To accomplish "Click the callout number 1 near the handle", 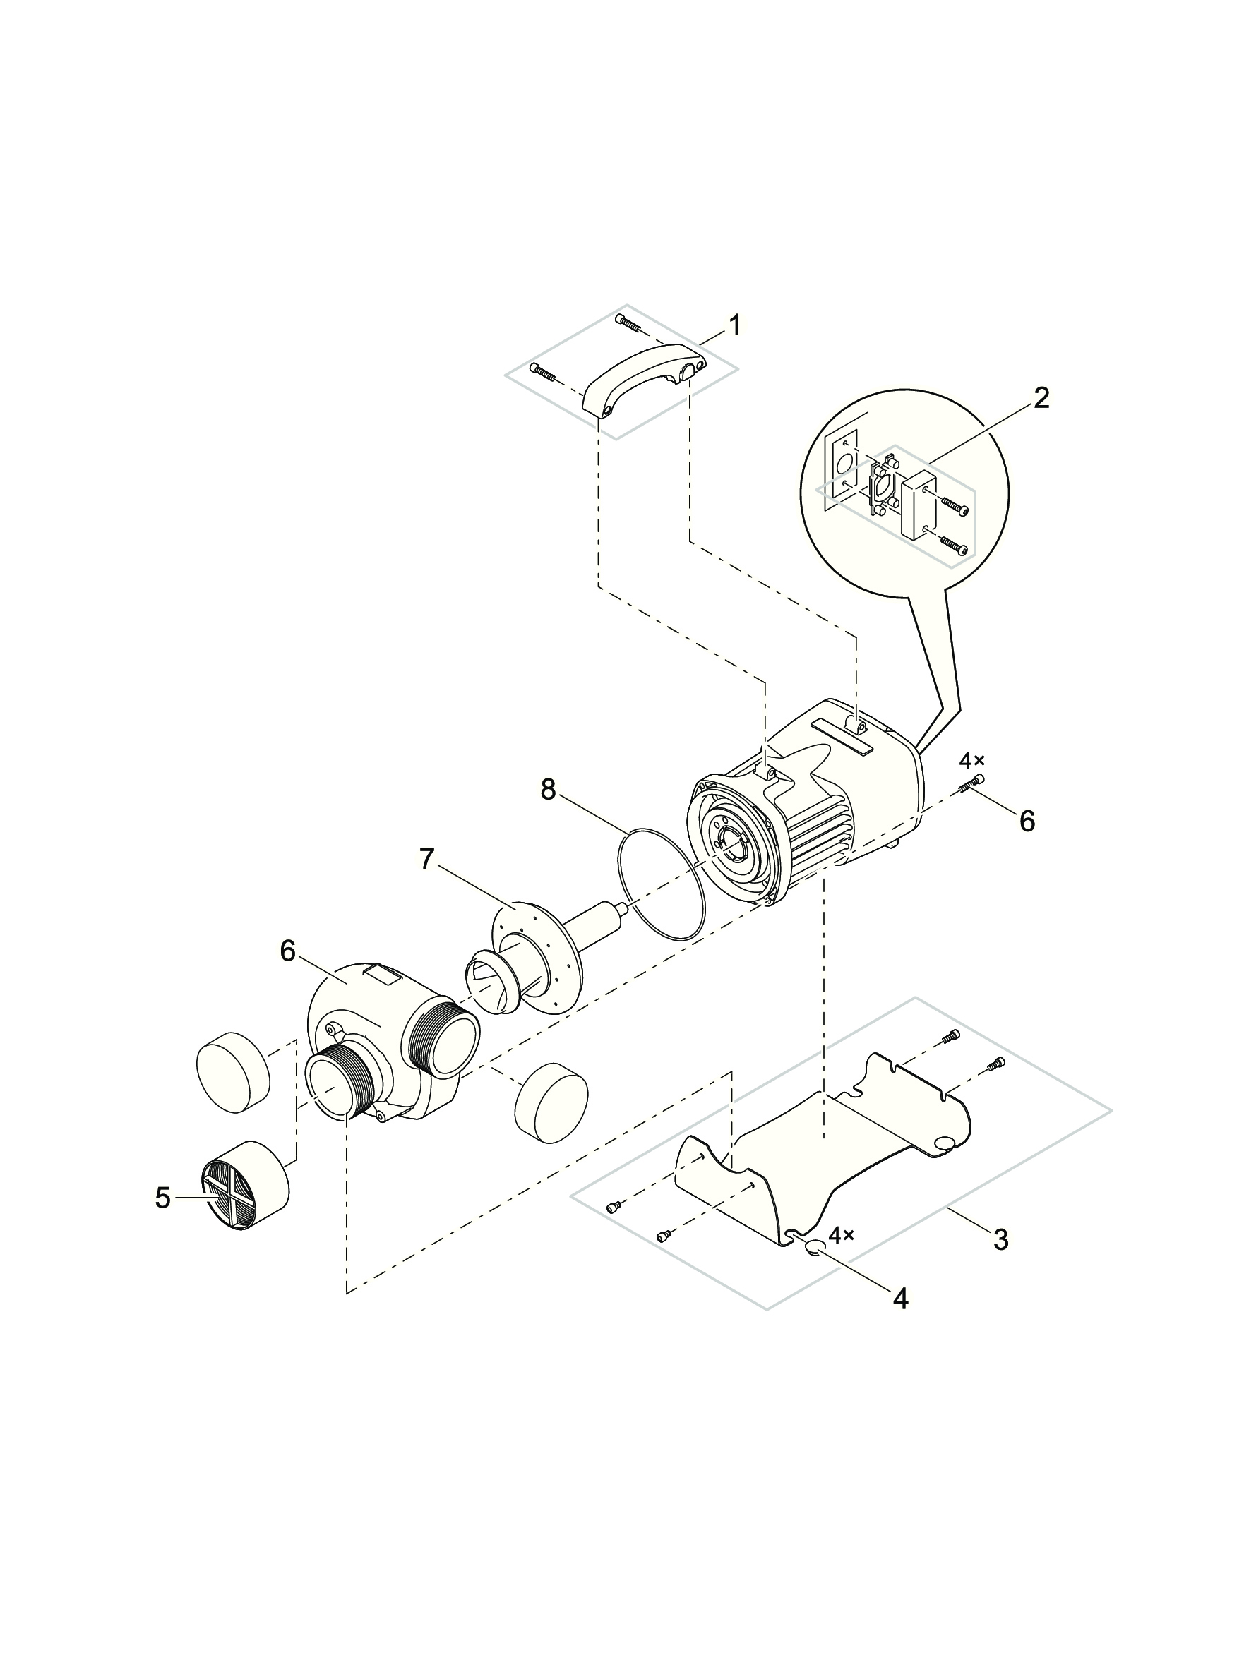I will click(734, 326).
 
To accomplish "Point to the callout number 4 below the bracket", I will click(901, 1299).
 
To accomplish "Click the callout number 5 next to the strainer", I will click(162, 1199).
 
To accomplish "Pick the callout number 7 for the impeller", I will click(427, 859).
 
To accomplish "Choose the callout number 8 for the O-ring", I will click(547, 790).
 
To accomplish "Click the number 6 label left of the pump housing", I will click(287, 951).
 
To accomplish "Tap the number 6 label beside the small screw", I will click(1027, 822).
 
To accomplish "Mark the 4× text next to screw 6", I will click(971, 761).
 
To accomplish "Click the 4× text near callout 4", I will click(842, 1235).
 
